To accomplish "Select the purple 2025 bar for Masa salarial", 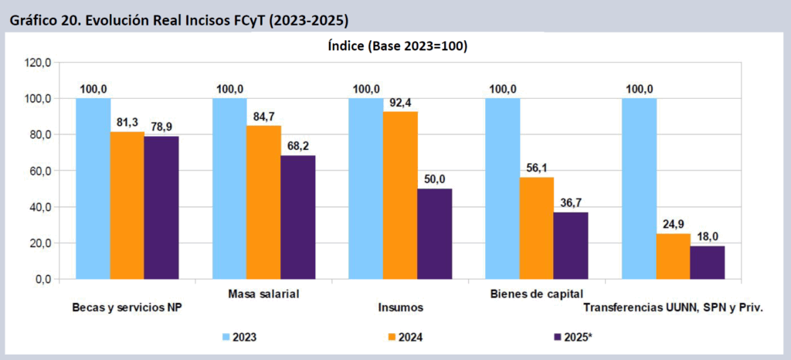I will [298, 217].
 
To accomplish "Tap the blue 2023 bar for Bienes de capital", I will [502, 188].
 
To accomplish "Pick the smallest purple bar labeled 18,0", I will [707, 262].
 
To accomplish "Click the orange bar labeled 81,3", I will [127, 205].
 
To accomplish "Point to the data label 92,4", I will [400, 102].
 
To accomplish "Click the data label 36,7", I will [570, 202].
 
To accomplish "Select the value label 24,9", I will [673, 224].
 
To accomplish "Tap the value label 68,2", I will [298, 146].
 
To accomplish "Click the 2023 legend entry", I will [238, 337].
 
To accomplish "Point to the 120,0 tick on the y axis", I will [36, 63].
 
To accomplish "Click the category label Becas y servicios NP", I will [126, 307].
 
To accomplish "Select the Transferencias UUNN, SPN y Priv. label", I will [673, 307].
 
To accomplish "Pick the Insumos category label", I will [400, 307].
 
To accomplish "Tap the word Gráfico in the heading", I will [31, 19].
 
